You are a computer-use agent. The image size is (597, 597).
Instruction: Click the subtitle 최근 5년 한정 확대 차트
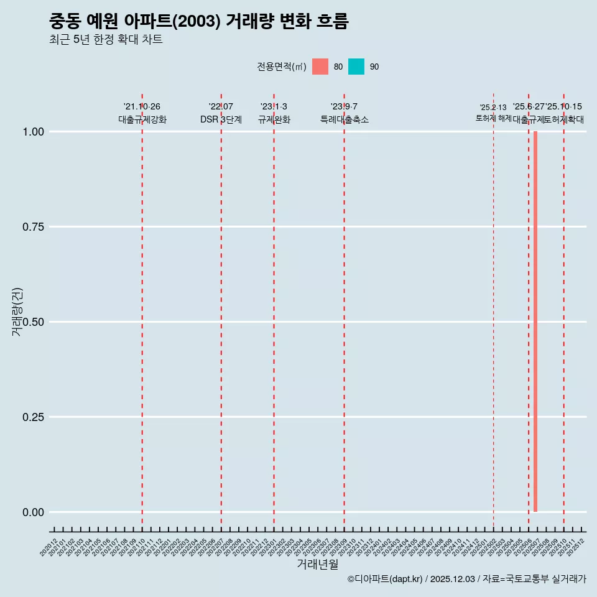tap(106, 40)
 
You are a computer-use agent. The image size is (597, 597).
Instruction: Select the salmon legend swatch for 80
tap(320, 67)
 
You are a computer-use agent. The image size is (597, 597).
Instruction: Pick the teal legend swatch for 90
tap(356, 67)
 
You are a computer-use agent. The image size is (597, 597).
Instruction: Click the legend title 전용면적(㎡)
tap(281, 67)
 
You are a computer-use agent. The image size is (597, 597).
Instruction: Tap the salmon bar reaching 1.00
tap(535, 322)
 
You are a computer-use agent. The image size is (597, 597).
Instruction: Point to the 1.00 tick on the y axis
tap(33, 132)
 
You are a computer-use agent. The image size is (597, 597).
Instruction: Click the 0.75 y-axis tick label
tap(33, 227)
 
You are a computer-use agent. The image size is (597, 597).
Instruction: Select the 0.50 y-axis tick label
tap(33, 322)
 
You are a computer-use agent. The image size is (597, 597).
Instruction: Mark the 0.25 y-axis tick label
tap(33, 417)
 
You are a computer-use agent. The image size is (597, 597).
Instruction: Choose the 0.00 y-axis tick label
tap(33, 512)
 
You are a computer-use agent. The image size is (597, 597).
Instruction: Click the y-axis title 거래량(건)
tap(17, 312)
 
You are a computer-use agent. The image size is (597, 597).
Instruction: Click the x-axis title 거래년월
tap(317, 564)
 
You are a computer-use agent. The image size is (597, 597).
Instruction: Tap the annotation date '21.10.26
tap(142, 107)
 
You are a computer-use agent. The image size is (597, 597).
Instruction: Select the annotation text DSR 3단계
tap(221, 119)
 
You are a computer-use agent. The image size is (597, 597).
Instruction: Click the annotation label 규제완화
tap(274, 119)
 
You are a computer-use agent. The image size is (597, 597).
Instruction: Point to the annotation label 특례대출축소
tap(345, 119)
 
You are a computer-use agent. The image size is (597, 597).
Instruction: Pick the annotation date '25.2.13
tap(493, 108)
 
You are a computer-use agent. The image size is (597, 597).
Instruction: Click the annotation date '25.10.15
tap(564, 107)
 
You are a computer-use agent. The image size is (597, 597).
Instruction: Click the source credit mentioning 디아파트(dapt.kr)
tap(466, 579)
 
